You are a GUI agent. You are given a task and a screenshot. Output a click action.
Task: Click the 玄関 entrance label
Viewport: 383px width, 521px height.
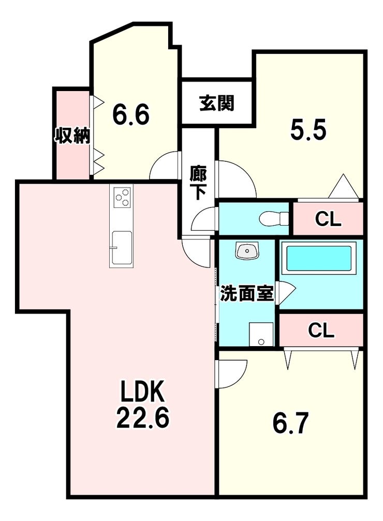click(216, 103)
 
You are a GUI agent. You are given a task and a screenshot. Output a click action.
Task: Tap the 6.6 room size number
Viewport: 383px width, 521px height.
click(130, 114)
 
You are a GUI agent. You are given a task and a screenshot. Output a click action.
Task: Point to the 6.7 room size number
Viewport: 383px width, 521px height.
click(289, 423)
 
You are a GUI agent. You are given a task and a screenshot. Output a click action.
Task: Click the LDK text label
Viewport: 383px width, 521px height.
click(143, 392)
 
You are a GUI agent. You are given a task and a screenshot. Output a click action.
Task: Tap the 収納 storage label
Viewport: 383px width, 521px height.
click(72, 136)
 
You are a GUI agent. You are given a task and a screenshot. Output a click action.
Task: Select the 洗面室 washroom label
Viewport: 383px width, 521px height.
click(247, 293)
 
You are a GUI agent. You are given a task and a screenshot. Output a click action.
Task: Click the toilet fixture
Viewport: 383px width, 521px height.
click(274, 218)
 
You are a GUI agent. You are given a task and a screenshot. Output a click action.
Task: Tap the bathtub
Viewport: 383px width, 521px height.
click(319, 258)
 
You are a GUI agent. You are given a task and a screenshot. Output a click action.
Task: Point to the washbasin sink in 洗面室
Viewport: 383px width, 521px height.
click(247, 251)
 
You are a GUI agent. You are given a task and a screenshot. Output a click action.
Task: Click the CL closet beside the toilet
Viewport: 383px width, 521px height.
click(328, 218)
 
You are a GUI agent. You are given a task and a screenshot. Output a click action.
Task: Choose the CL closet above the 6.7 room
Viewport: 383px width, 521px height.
click(321, 330)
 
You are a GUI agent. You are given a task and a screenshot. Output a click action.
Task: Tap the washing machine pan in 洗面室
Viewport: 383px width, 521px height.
click(261, 334)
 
